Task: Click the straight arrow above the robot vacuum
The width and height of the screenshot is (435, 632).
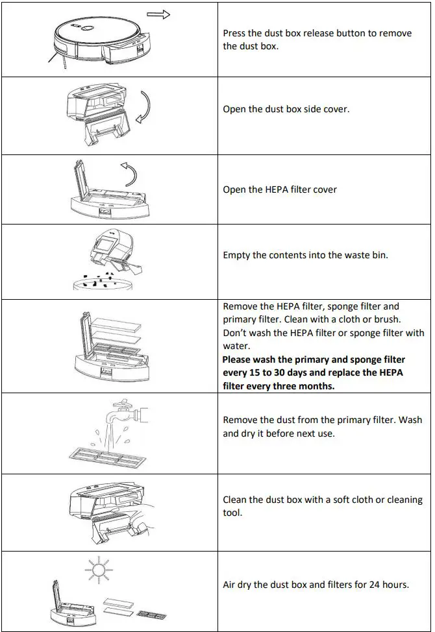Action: (x=158, y=14)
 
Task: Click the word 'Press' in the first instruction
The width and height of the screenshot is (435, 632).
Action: (x=236, y=33)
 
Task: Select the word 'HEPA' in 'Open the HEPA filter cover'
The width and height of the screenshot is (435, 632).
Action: (x=278, y=189)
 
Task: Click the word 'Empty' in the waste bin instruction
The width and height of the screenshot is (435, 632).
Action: (x=236, y=255)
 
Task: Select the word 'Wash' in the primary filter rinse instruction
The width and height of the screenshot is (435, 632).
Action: (x=410, y=420)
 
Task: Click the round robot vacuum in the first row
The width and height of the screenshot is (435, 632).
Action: (x=97, y=36)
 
